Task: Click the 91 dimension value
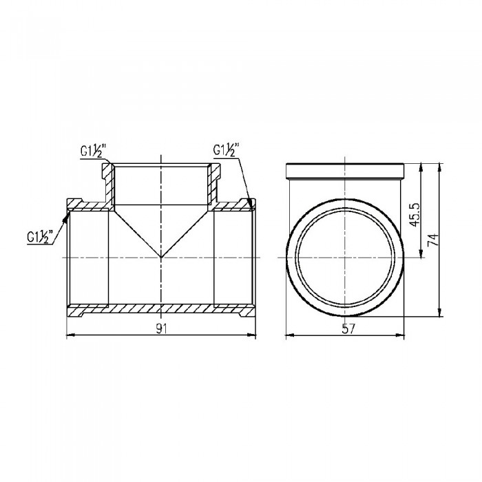point(161,328)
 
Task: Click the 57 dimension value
point(348,328)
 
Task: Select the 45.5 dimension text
point(415,215)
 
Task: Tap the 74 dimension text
point(433,240)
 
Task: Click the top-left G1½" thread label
point(93,151)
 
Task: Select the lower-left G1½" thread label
point(40,237)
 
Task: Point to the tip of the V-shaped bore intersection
point(161,257)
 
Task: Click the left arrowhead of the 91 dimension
point(71,336)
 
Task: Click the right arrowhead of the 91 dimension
point(252,336)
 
